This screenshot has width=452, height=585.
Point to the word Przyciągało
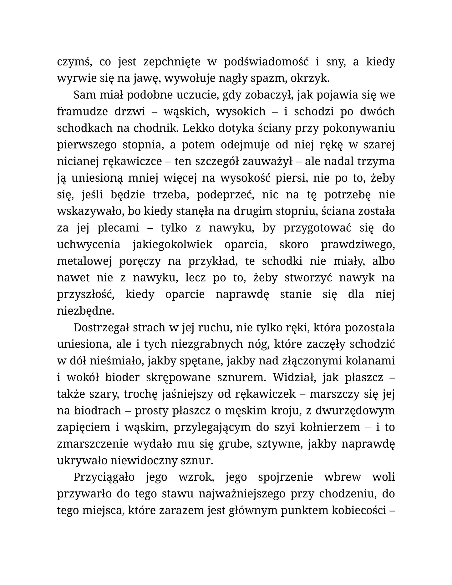104,477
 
